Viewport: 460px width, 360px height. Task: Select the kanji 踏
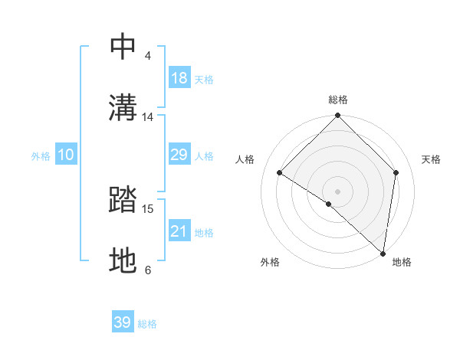coord(123,201)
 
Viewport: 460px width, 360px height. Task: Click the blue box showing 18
coord(179,78)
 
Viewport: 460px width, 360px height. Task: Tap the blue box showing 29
coord(179,155)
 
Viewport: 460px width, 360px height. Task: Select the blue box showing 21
coord(179,231)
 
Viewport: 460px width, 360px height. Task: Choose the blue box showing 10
coord(66,155)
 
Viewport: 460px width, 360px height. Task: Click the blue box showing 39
coord(123,322)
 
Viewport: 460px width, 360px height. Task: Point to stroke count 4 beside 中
coord(148,56)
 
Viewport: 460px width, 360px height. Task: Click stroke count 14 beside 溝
coord(148,117)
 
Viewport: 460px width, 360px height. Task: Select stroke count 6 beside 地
coord(148,270)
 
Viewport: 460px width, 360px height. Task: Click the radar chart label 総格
coord(338,100)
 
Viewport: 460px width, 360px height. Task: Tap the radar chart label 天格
coord(432,159)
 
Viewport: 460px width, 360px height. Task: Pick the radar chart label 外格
coord(270,262)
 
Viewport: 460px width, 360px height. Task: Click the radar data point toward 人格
coord(280,173)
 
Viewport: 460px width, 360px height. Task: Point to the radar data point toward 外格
coord(329,204)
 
